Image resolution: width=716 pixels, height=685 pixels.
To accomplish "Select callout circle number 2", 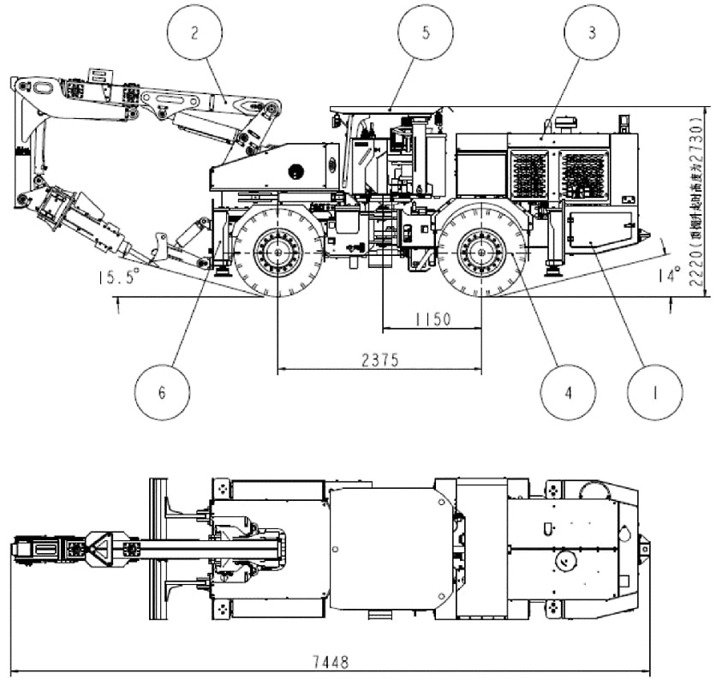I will pos(195,33).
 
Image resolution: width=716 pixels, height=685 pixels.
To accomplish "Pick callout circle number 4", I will pos(568,393).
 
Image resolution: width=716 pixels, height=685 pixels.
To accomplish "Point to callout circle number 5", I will pos(425,33).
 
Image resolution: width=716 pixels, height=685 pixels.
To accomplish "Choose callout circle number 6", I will pos(161,393).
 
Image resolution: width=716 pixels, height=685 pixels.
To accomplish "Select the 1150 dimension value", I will pos(432,319).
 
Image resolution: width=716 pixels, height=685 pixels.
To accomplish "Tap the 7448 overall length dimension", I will pos(328,663).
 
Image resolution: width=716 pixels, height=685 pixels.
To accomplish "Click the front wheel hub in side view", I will pos(279,253).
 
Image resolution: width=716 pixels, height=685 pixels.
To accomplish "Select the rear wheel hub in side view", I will pos(480,253).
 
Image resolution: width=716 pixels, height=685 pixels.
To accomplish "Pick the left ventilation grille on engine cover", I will pos(529,175).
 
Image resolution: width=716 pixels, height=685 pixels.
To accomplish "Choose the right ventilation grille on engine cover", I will pos(585,175).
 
